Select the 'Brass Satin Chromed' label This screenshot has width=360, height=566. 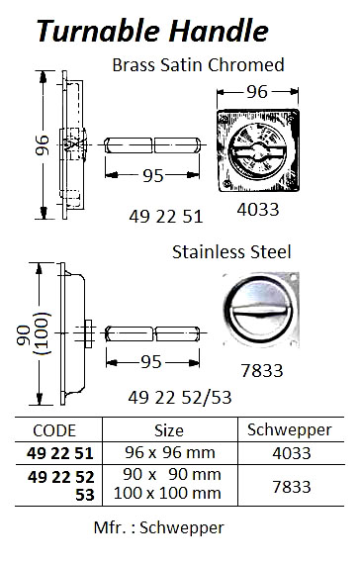[199, 65]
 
